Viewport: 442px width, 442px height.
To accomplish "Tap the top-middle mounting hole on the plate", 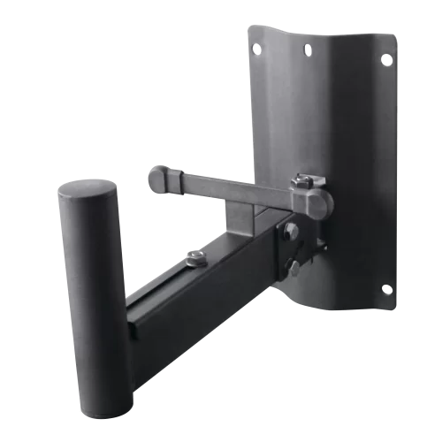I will [x=307, y=50].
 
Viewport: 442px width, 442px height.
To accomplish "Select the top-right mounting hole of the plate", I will [x=386, y=59].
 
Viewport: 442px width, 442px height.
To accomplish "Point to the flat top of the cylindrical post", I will [x=86, y=192].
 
